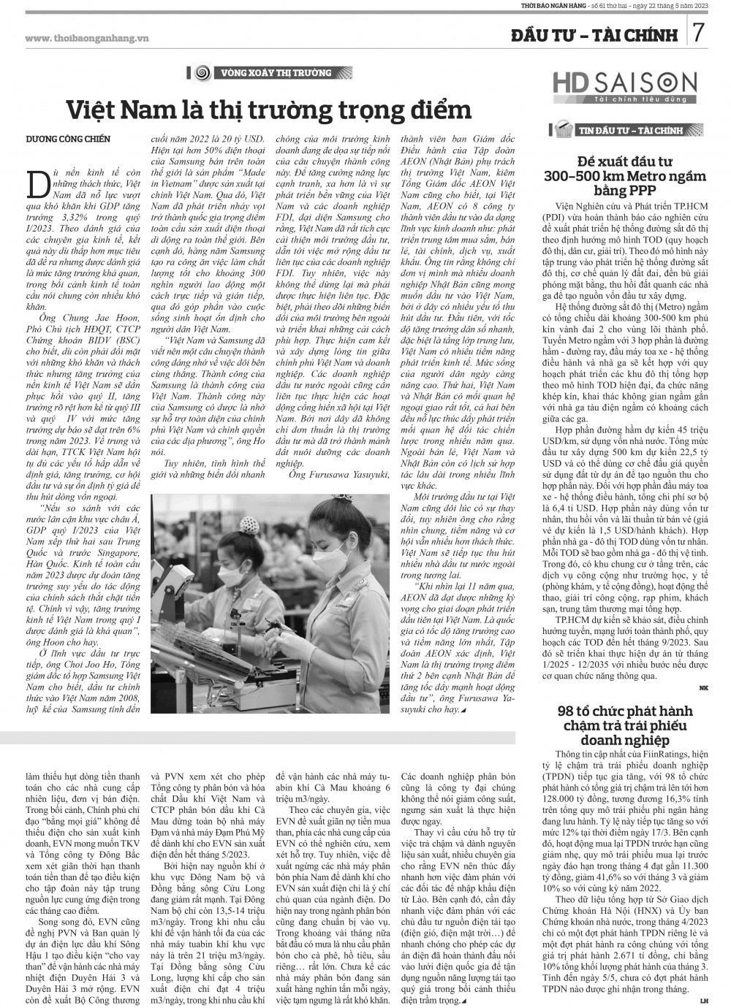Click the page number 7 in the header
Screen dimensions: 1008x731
pos(699,34)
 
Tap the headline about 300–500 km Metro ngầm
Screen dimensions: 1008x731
pos(625,175)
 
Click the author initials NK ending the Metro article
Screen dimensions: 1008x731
pos(703,687)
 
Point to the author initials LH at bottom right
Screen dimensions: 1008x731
pos(703,1000)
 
